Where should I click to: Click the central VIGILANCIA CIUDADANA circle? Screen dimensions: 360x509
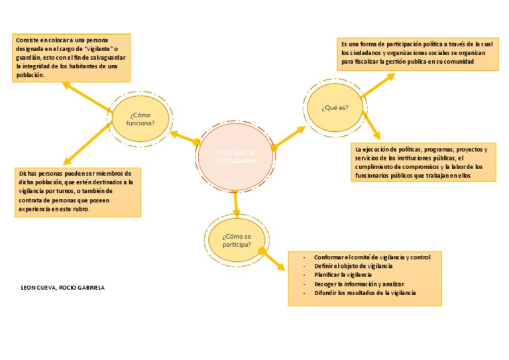236,157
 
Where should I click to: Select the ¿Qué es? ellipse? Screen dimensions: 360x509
335,107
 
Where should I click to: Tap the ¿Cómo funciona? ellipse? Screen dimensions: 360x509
141,119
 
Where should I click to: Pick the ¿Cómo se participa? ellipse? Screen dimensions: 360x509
237,240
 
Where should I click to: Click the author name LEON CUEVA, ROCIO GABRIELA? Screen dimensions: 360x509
63,288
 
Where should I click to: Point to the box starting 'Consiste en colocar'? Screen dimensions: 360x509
71,58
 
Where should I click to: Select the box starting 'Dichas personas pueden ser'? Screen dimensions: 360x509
78,191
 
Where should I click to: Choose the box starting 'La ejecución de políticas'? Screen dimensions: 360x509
423,162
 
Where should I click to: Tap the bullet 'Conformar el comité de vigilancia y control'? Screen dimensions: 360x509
372,257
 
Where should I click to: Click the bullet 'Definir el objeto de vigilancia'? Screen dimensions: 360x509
358,265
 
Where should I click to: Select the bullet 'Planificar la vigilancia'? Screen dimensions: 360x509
343,274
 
